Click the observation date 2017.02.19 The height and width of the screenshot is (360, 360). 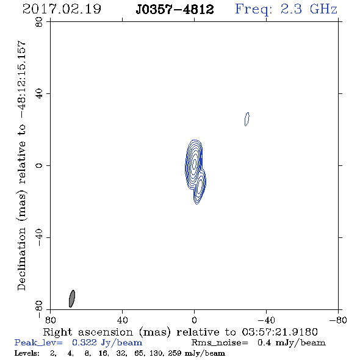[62, 9]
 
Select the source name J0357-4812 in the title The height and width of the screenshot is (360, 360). [175, 10]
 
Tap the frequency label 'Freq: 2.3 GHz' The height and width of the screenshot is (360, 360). [286, 10]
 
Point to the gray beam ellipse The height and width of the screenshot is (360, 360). [72, 298]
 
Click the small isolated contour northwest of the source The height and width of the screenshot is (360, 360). [247, 119]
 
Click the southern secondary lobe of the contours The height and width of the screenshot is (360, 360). [200, 187]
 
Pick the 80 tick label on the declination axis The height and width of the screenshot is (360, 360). [39, 22]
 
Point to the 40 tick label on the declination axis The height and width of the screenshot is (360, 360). [39, 94]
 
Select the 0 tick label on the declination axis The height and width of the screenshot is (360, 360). [39, 165]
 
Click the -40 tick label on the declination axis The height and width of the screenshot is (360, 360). [39, 237]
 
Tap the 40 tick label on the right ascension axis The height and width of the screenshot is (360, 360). [122, 320]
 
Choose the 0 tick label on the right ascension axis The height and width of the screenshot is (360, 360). [194, 320]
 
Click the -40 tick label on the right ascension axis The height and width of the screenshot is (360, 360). [266, 320]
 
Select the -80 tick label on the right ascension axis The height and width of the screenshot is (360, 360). [338, 320]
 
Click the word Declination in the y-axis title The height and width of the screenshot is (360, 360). [21, 259]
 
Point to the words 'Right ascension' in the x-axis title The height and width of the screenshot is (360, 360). [88, 332]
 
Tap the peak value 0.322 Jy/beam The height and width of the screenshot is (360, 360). [107, 343]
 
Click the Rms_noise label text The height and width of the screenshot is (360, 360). [220, 343]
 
